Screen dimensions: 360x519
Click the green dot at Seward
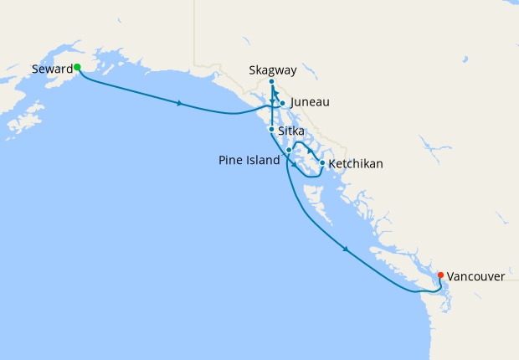pos(76,67)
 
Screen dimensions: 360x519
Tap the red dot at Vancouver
pos(441,274)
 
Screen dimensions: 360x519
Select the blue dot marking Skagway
pos(272,82)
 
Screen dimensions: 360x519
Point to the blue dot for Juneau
pos(283,103)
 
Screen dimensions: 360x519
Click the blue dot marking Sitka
pos(270,130)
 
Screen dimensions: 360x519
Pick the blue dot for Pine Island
pos(289,150)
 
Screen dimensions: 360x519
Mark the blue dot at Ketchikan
pos(322,162)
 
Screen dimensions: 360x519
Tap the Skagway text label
pos(272,70)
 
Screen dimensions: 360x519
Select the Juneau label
pos(311,102)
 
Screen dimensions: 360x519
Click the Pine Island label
pos(249,160)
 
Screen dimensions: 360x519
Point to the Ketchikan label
pos(356,163)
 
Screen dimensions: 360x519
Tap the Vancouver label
pos(475,275)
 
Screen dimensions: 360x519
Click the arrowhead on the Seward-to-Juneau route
pos(180,104)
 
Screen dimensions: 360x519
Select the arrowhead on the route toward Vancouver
pos(346,249)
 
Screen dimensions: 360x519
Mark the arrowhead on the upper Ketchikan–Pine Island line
pos(311,152)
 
